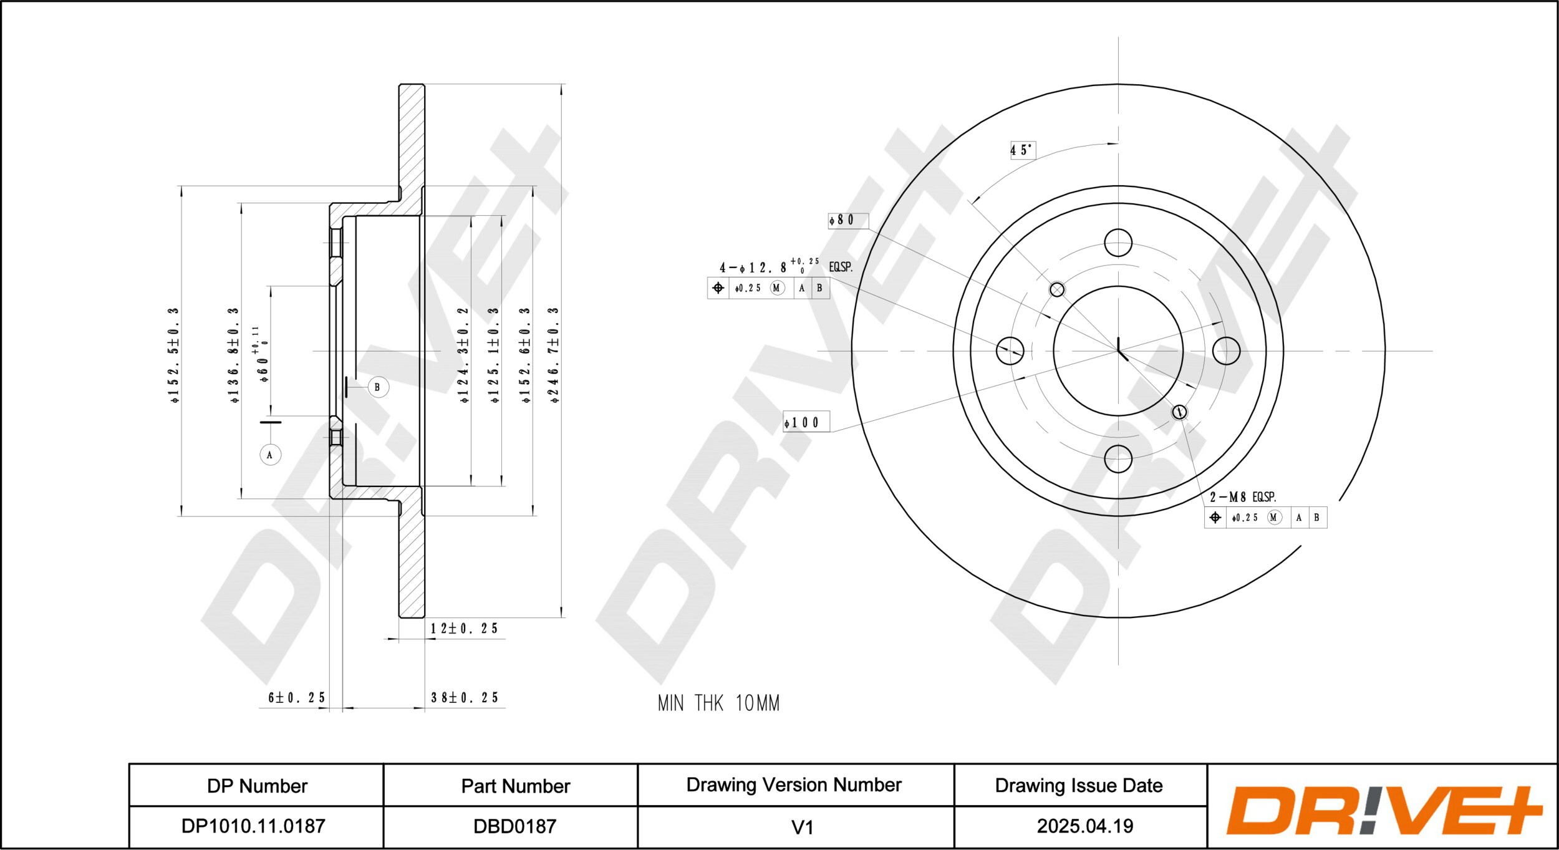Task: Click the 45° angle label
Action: point(1023,150)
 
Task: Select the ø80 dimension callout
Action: point(847,220)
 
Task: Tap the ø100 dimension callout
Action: point(806,422)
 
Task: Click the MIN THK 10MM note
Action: point(718,703)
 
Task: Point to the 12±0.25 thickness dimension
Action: point(464,629)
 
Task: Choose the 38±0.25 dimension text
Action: point(465,697)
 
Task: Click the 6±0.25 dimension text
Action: point(297,697)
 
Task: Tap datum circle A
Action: point(270,455)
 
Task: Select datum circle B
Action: point(377,387)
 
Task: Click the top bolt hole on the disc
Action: point(1118,243)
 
